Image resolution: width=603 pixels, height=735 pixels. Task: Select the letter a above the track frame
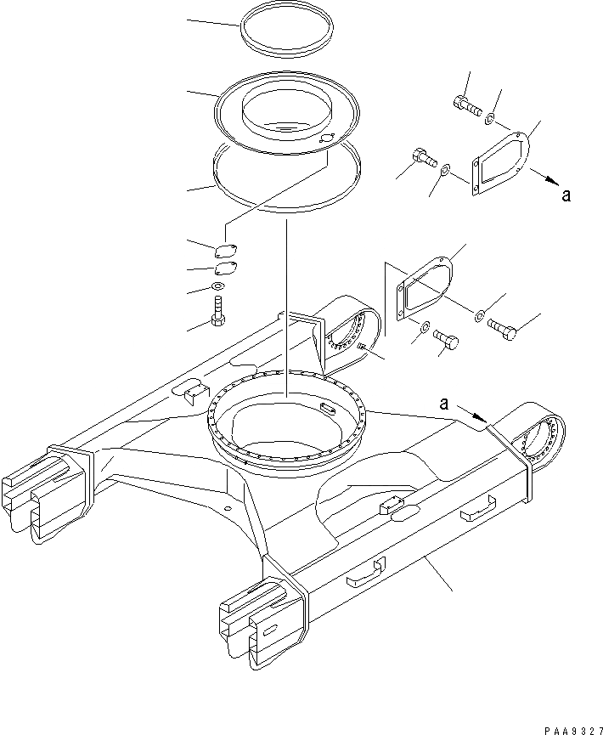[443, 404]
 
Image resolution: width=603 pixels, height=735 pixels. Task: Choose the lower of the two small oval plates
[225, 268]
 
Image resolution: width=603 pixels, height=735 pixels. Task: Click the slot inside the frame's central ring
[327, 407]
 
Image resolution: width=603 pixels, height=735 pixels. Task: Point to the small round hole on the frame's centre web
[227, 508]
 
